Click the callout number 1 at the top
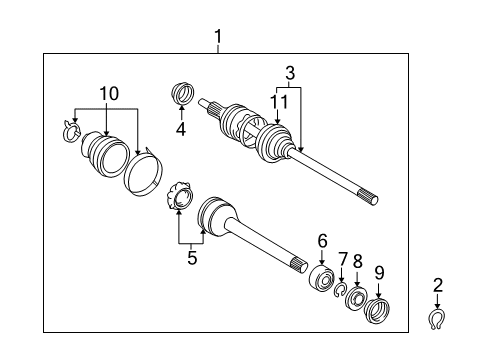click(x=217, y=39)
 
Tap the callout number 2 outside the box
click(x=437, y=285)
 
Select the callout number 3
click(x=290, y=72)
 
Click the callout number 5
click(x=192, y=258)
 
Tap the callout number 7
click(x=343, y=260)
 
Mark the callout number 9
click(x=378, y=271)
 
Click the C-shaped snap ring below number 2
click(x=438, y=318)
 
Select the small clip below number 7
click(x=341, y=290)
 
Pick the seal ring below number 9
click(x=379, y=311)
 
